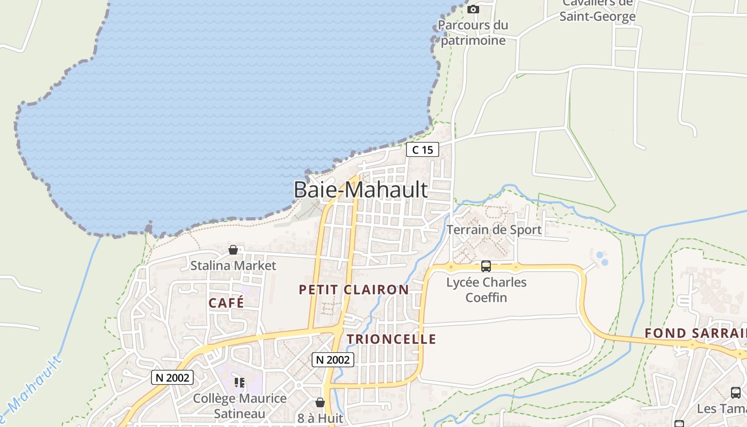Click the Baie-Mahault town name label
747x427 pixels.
(x=361, y=189)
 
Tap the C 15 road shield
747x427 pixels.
(x=423, y=150)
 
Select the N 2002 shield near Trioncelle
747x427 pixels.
(x=333, y=360)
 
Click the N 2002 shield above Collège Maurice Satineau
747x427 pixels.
(x=172, y=377)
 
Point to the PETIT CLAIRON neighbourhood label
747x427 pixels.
(x=354, y=290)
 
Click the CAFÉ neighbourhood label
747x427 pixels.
(x=226, y=303)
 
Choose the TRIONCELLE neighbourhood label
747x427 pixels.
(x=391, y=339)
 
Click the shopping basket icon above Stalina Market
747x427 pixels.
(x=233, y=250)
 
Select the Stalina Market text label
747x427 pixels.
(x=233, y=265)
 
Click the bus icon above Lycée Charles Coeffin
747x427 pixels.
(x=486, y=266)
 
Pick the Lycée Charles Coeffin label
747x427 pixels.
(x=486, y=290)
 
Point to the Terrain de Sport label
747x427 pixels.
(x=494, y=230)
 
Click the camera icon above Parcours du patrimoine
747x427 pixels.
(x=473, y=9)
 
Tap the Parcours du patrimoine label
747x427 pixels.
(x=473, y=33)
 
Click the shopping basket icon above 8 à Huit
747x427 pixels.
(x=320, y=402)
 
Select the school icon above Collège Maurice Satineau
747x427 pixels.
(x=240, y=383)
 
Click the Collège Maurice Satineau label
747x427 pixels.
(x=240, y=406)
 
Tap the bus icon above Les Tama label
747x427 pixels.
(x=735, y=393)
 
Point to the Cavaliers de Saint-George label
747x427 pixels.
(x=598, y=11)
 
